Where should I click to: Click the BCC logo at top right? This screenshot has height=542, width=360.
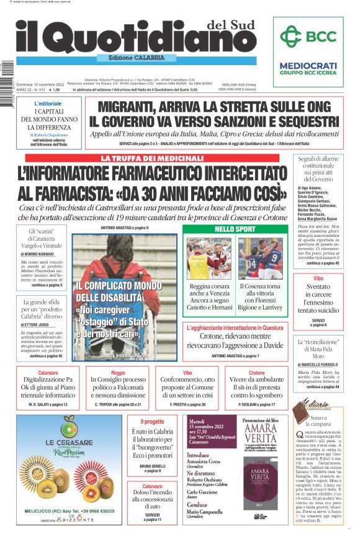click(308, 37)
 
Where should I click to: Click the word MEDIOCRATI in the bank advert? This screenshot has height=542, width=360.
click(308, 65)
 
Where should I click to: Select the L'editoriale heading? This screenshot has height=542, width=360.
click(48, 103)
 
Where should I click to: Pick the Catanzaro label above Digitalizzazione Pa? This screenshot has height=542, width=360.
click(48, 373)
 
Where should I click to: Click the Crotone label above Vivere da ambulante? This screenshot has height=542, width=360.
click(256, 373)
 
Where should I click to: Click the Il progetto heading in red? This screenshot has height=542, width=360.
click(153, 422)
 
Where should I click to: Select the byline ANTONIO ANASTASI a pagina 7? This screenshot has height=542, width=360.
click(235, 356)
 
